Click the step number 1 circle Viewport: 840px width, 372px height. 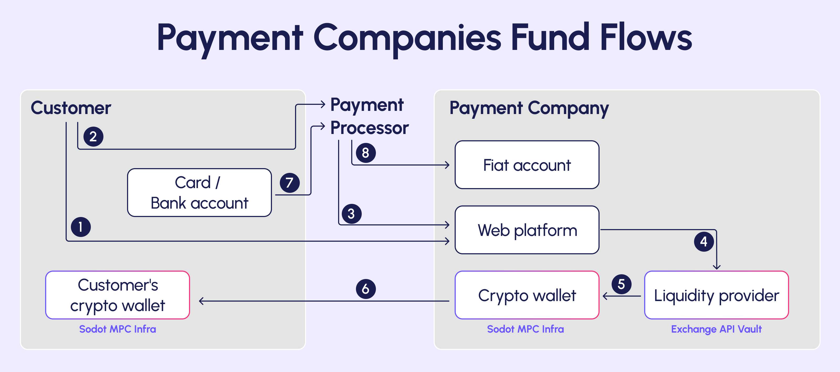tap(81, 227)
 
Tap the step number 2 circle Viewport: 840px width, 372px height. tap(93, 136)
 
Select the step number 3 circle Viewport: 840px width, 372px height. tap(351, 214)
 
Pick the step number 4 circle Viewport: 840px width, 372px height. tap(704, 241)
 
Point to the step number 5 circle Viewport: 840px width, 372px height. tap(621, 284)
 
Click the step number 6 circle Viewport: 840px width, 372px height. tap(366, 289)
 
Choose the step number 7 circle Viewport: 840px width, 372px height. tap(290, 183)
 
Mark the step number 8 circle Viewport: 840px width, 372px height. tap(366, 153)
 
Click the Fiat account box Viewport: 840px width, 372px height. tap(527, 165)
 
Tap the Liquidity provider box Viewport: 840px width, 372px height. tap(716, 295)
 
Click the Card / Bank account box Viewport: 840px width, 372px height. tap(199, 193)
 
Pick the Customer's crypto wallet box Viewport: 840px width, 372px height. tap(117, 295)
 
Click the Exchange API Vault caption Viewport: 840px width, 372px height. tap(716, 329)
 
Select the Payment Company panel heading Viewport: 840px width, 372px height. tap(529, 108)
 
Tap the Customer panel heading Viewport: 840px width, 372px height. tap(71, 108)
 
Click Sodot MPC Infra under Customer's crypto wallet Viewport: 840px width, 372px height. tap(117, 329)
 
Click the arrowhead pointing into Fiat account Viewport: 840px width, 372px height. tap(447, 165)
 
